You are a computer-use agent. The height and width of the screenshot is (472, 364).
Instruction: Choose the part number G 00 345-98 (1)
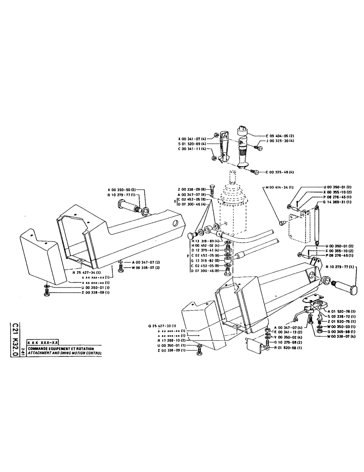pyautogui.click(x=344, y=331)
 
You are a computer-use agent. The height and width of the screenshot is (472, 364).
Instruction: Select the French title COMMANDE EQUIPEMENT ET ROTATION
pyautogui.click(x=61, y=348)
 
